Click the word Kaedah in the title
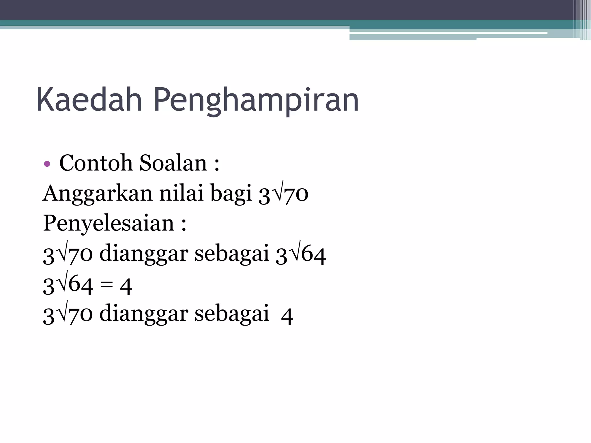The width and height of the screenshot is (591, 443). tap(89, 100)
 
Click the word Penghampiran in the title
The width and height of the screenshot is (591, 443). tap(256, 101)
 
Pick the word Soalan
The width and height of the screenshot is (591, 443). tap(173, 163)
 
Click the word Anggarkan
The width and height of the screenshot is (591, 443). tap(98, 194)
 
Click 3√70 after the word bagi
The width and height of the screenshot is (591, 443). tap(283, 194)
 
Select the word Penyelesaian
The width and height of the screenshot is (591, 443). tap(109, 224)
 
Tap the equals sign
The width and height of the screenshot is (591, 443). tap(107, 286)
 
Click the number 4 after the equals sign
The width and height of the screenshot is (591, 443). tap(126, 286)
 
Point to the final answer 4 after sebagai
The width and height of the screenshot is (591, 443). tap(287, 316)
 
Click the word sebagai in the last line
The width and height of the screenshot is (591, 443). tap(232, 314)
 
